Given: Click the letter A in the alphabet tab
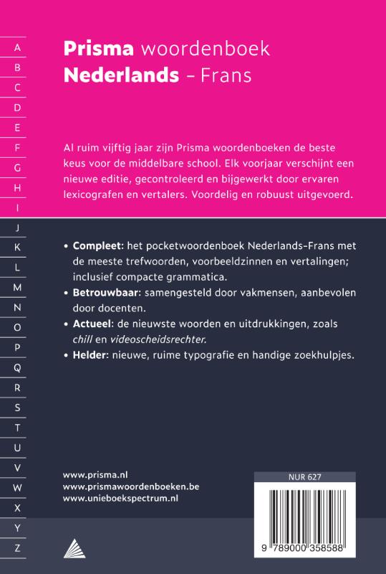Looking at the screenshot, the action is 17,48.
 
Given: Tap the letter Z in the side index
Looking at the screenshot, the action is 17,547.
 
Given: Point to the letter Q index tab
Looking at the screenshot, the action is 17,367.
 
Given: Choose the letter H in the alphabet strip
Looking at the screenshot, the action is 17,188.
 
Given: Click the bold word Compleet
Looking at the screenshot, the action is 100,245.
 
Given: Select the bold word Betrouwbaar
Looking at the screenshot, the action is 107,293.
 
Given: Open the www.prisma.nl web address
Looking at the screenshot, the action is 95,474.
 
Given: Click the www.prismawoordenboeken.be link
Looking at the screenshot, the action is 131,486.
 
